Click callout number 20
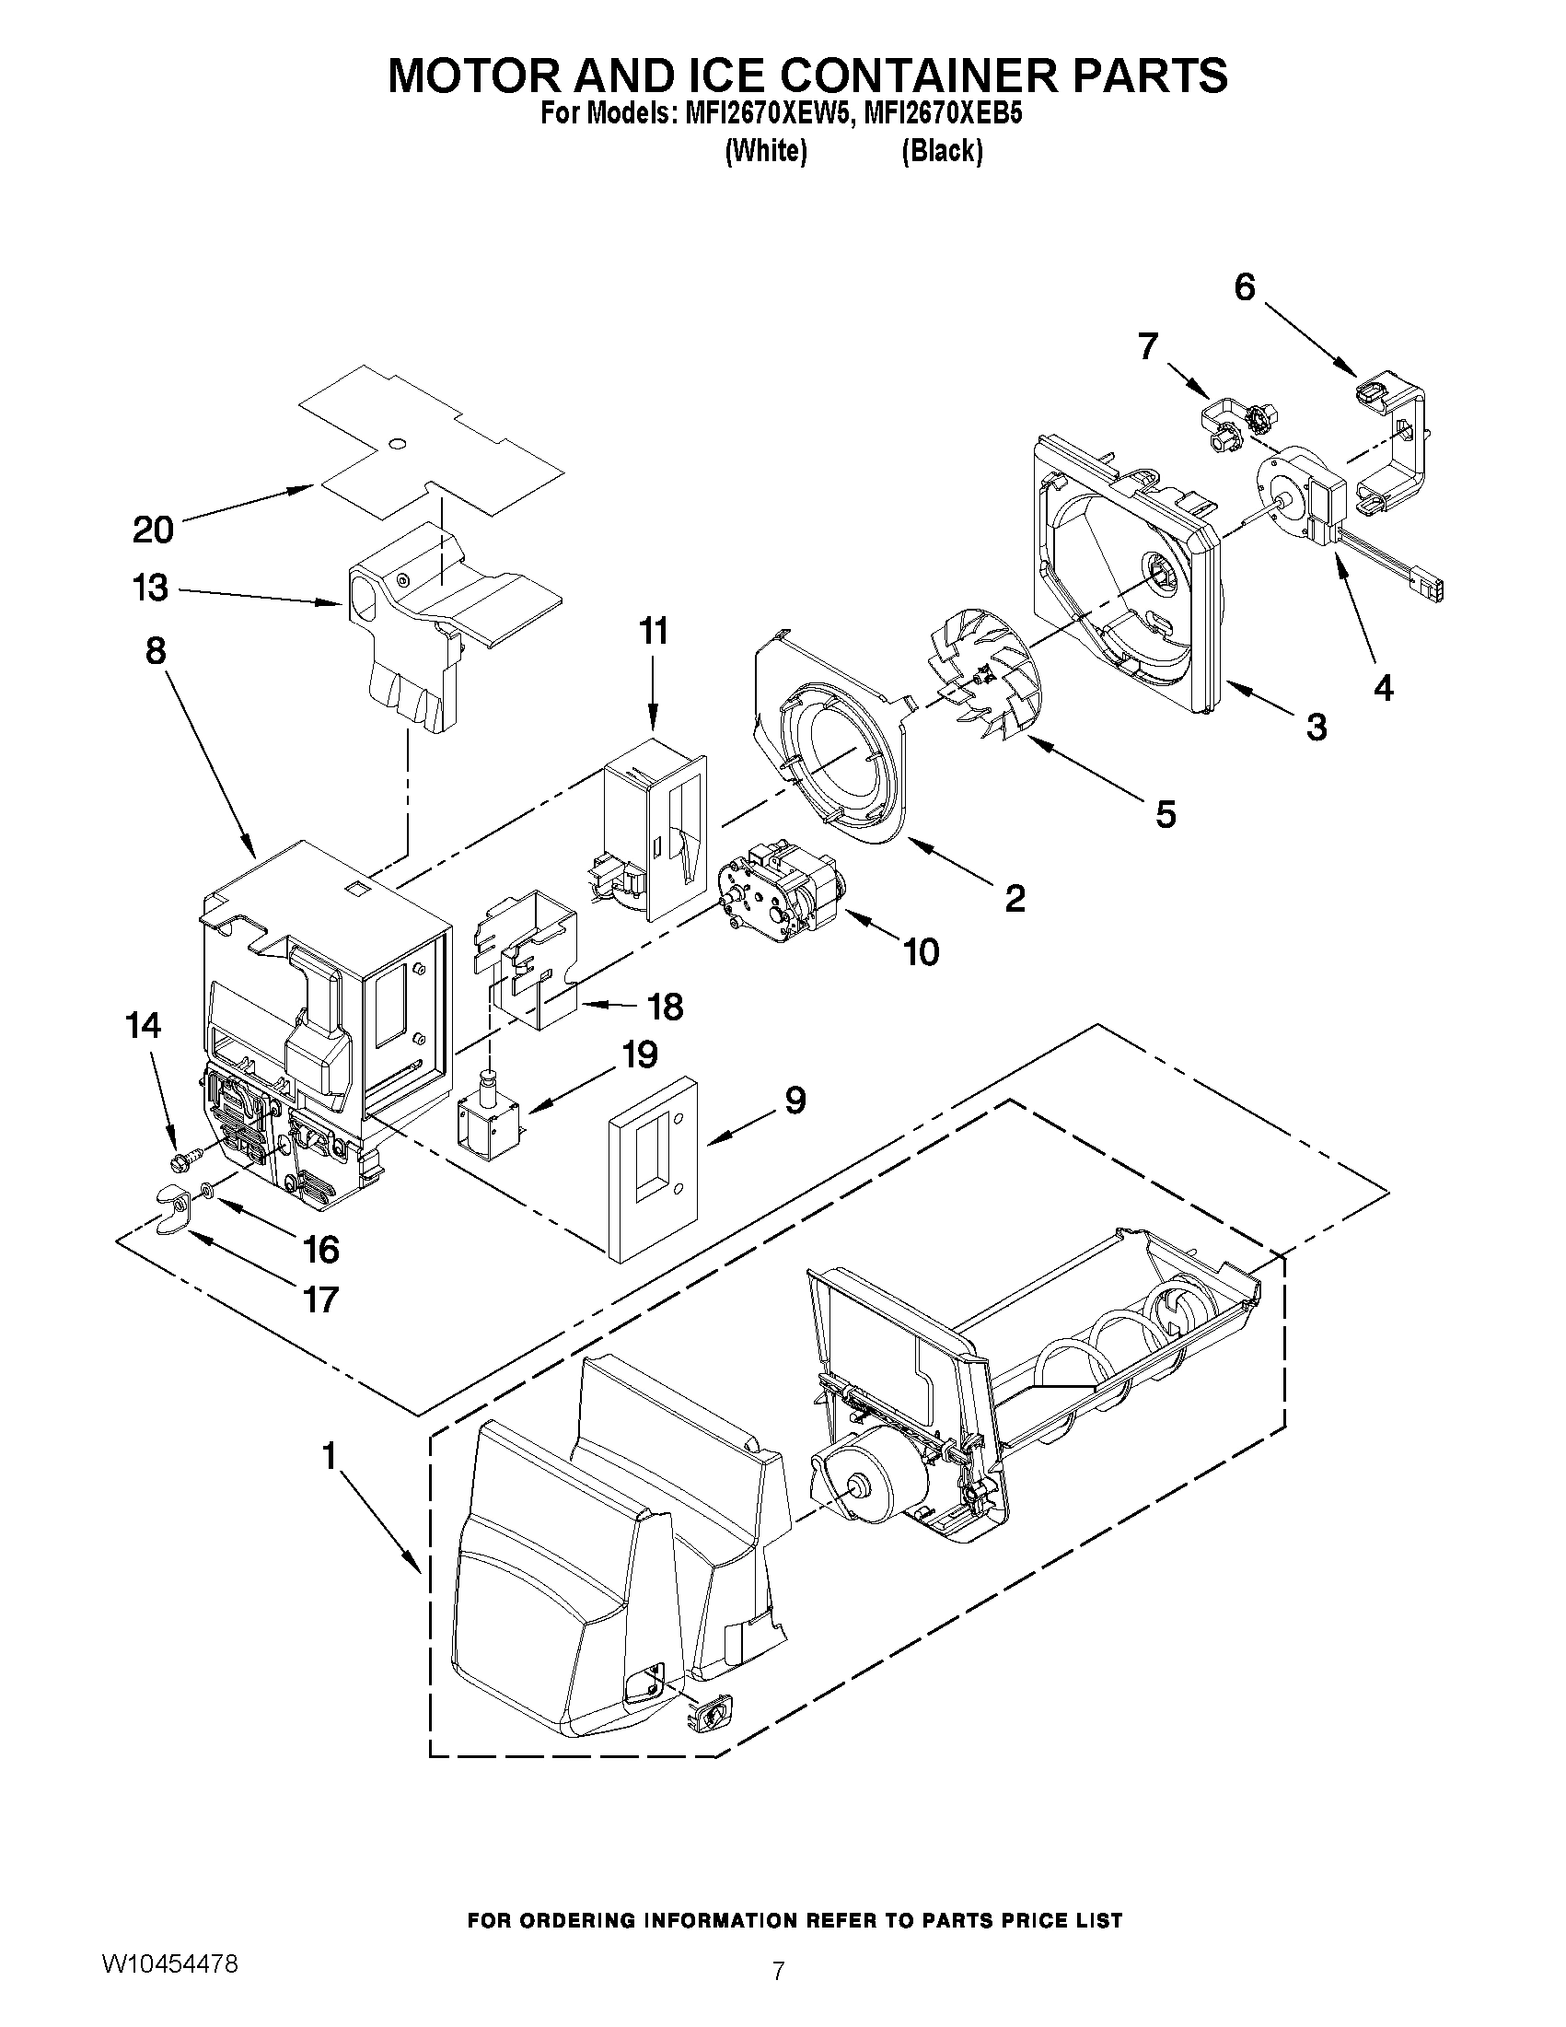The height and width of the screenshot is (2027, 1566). click(153, 530)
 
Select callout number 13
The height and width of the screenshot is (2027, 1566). click(151, 588)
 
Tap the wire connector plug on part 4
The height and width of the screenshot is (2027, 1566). click(1427, 589)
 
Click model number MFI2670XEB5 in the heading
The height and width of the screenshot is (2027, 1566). click(943, 114)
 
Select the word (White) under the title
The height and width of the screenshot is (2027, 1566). click(764, 150)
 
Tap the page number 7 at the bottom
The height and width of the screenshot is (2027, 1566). click(779, 1990)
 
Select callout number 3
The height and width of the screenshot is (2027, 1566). click(1316, 727)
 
